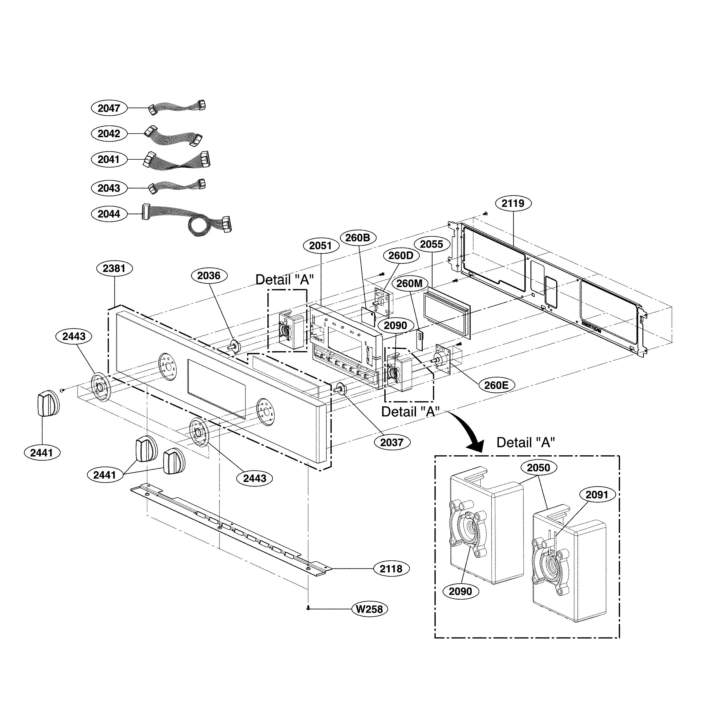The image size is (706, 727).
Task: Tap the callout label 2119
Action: pos(513,203)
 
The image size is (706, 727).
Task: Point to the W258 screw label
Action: pos(369,609)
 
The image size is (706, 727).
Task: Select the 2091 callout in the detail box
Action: pos(597,495)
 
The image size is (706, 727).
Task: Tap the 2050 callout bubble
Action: pos(538,468)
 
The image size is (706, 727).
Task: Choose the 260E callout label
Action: pos(496,385)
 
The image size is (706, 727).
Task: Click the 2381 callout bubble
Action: pos(114,268)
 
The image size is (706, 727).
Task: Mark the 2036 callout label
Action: pos(209,276)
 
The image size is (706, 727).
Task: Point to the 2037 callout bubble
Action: pos(392,442)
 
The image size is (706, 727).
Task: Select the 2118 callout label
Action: pos(391,568)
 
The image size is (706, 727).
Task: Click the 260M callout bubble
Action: pos(409,283)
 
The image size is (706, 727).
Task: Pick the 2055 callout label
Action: pos(432,244)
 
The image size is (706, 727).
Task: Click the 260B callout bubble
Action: pos(358,237)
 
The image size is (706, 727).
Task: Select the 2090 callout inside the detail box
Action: pos(460,591)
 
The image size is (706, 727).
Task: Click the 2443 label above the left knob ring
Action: pos(74,336)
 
